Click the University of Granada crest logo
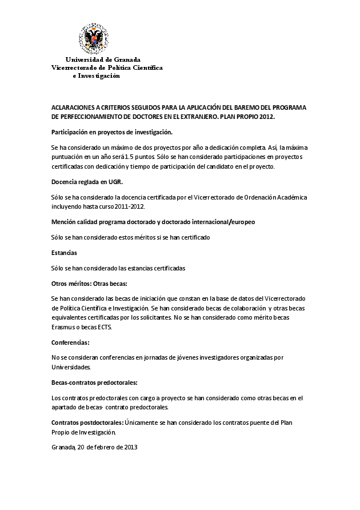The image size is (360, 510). (x=93, y=38)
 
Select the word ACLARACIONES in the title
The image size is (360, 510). (x=74, y=107)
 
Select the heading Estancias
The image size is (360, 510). (x=64, y=252)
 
